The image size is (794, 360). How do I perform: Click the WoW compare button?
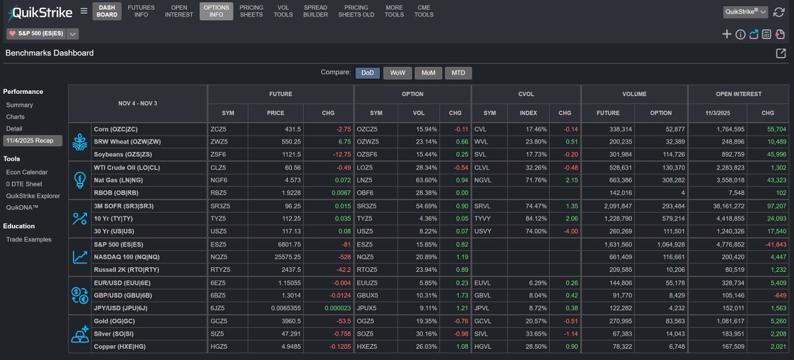coord(398,73)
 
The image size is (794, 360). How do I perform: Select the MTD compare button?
coord(458,73)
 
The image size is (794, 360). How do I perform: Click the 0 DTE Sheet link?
coord(24,184)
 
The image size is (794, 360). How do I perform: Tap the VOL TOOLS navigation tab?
coord(283,11)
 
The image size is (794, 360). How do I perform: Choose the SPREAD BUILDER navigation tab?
coord(316,11)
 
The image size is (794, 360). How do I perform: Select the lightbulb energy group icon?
coord(79,179)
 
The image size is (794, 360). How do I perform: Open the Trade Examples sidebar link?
coord(28,240)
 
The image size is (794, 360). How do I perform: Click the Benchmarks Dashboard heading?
coord(50,53)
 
